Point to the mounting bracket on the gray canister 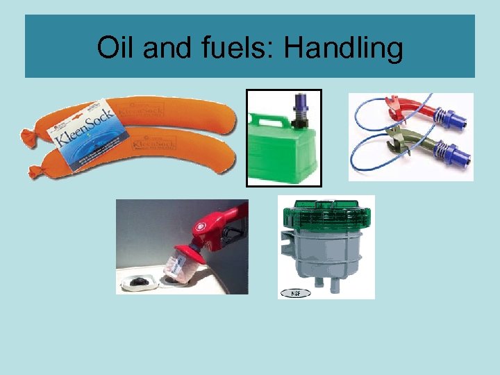(285, 240)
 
